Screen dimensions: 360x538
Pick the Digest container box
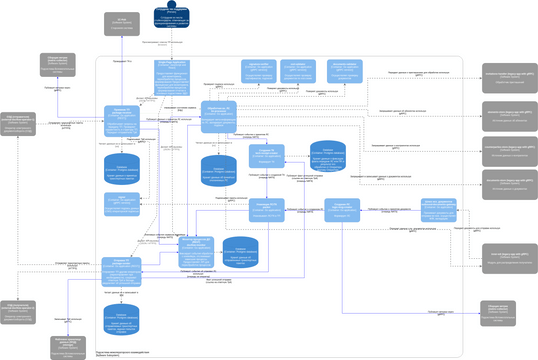click(120, 203)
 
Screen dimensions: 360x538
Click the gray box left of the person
click(121, 25)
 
